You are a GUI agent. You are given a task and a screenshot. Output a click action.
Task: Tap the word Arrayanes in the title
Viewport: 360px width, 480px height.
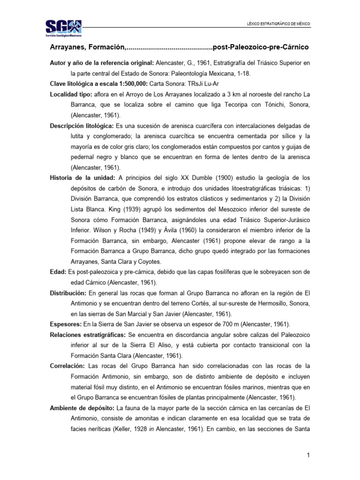68,48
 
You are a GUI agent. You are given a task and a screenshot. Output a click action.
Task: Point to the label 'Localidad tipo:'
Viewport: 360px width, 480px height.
71,94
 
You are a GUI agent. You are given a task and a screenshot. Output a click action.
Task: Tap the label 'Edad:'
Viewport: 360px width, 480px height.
58,272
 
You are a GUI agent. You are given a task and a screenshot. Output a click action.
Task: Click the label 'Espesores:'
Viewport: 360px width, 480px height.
65,324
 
